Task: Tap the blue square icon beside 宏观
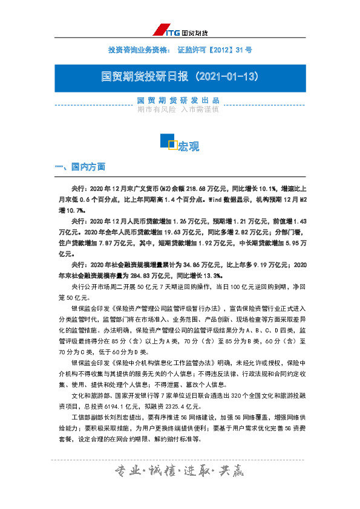pyautogui.click(x=168, y=141)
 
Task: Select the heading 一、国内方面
pyautogui.click(x=80, y=166)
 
